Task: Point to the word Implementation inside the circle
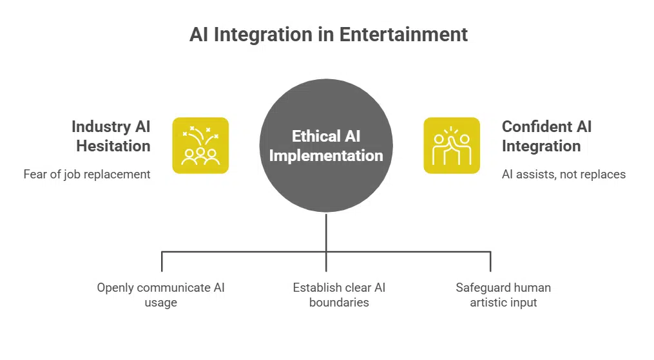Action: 326,155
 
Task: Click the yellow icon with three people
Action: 200,146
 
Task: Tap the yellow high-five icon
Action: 452,146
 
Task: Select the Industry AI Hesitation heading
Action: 111,136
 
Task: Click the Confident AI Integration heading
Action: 546,136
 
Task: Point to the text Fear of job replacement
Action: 87,174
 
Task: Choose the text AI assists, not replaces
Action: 564,174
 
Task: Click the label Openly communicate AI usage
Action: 160,294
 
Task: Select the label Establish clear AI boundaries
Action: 339,294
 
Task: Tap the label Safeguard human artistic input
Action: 503,294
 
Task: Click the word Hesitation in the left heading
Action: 113,146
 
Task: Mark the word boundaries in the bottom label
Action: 339,302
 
